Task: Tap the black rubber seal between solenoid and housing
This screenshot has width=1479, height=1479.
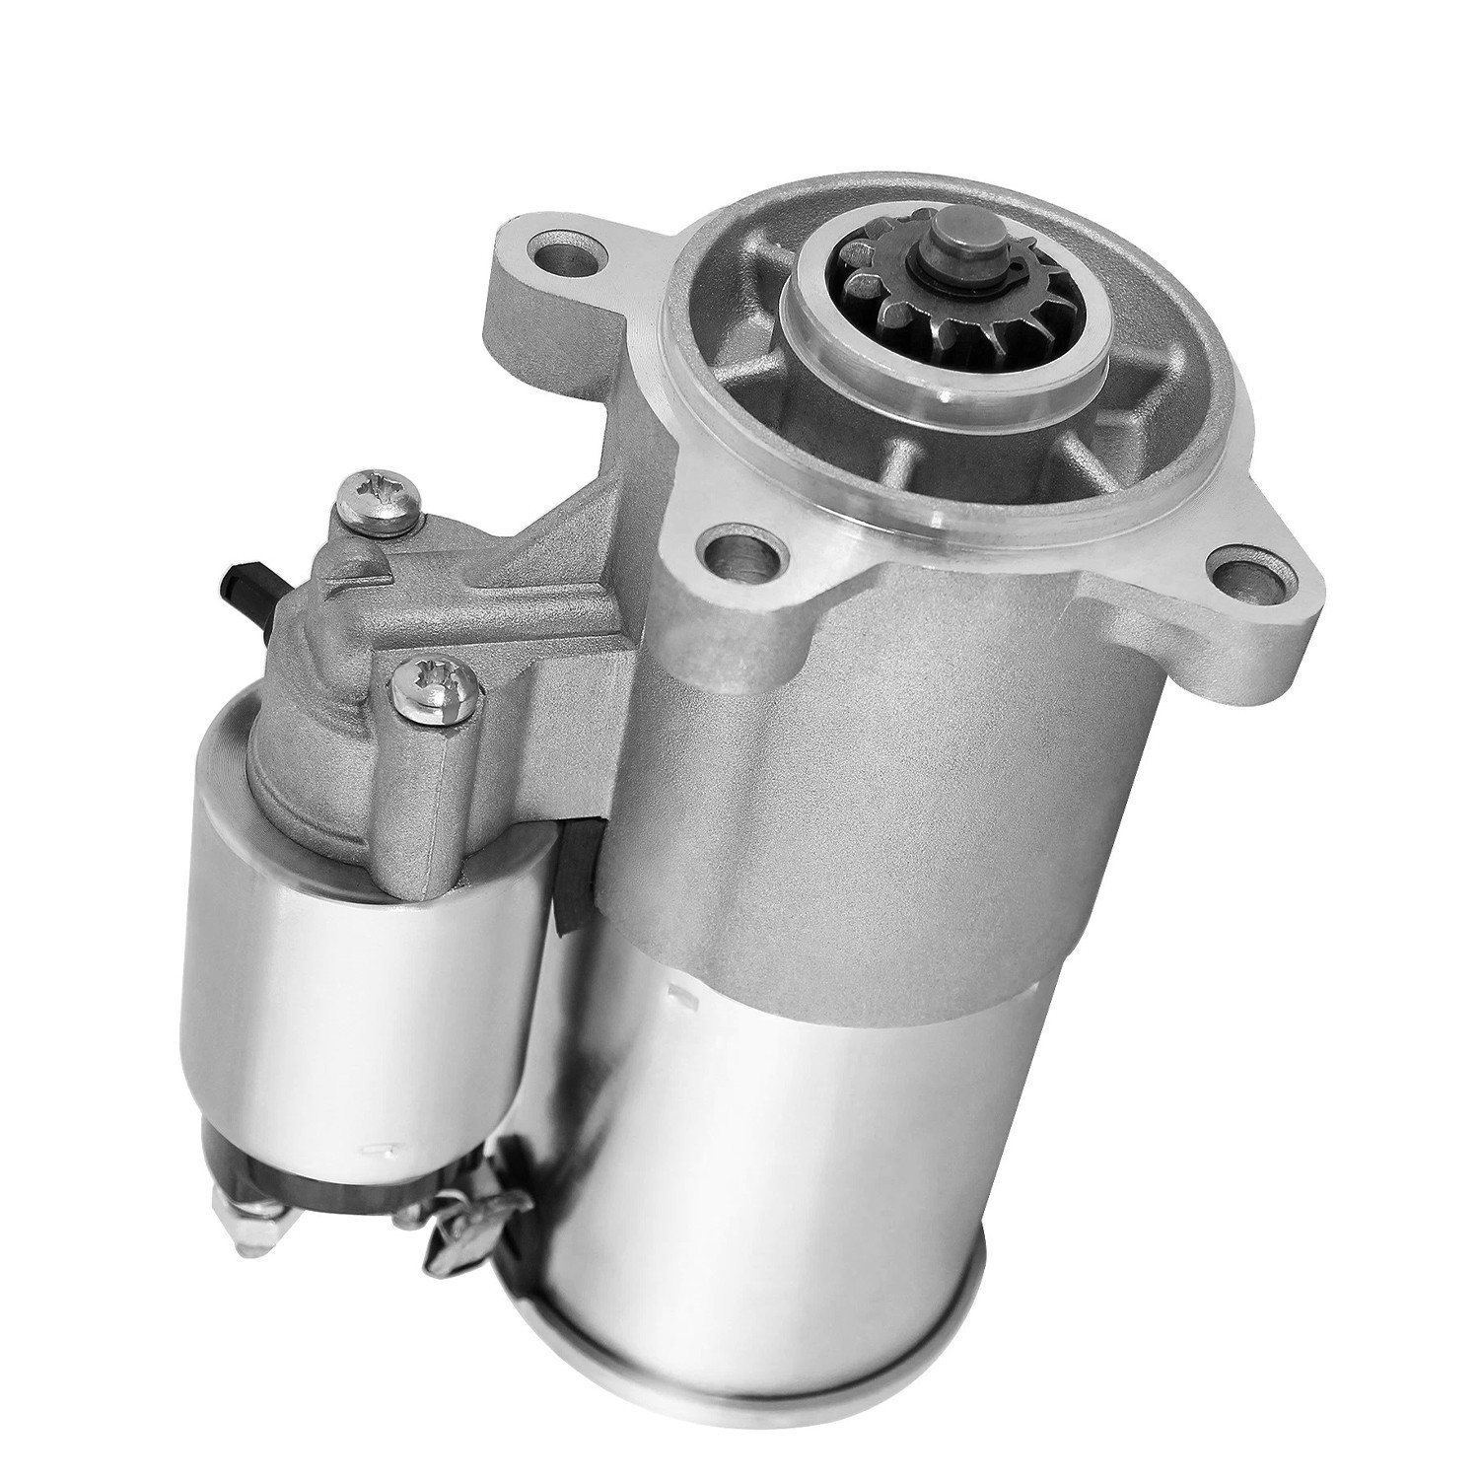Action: point(573,878)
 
